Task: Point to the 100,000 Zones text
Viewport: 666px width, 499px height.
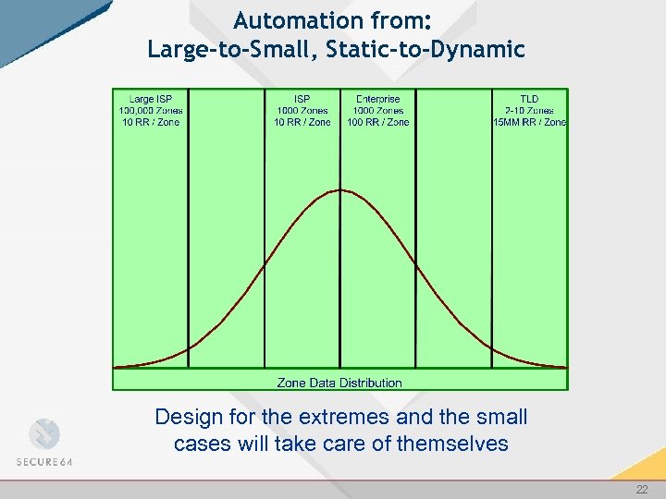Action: (x=150, y=110)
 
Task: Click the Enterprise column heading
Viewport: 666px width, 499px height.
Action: (x=377, y=98)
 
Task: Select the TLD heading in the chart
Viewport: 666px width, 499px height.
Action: (x=529, y=98)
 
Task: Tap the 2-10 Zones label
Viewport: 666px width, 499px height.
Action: (x=529, y=110)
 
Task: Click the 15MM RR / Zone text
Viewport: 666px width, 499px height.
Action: (x=529, y=122)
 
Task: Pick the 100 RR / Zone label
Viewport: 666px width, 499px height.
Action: (x=377, y=122)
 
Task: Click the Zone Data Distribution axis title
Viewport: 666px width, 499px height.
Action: (x=339, y=383)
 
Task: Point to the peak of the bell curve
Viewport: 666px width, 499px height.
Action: (x=340, y=190)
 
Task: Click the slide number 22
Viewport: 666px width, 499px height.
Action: (x=642, y=490)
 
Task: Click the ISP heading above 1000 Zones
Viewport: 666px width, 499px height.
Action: (x=302, y=98)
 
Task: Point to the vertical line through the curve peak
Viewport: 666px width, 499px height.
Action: (x=339, y=277)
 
